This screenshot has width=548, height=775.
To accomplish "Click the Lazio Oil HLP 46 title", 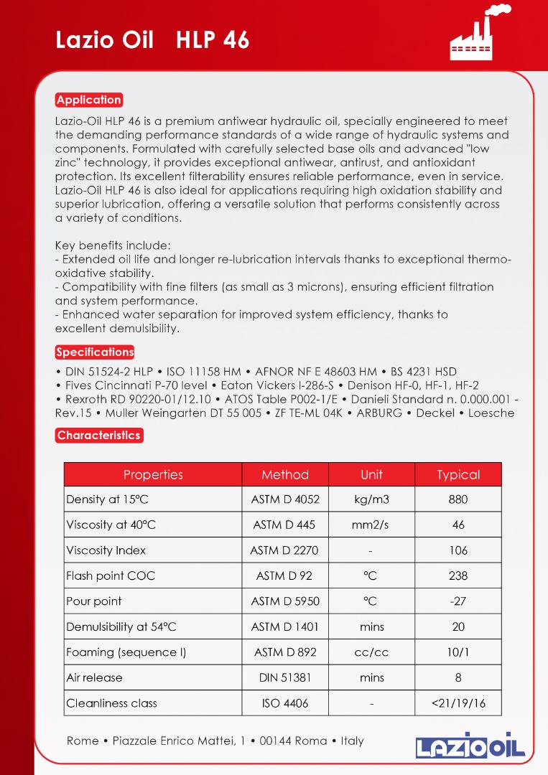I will [x=152, y=40].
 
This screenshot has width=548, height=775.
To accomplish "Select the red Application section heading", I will [x=89, y=100].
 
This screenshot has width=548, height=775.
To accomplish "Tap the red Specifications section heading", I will [x=95, y=352].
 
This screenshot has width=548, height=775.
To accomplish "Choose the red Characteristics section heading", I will [x=99, y=436].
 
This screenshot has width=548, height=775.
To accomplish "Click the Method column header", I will [x=285, y=474].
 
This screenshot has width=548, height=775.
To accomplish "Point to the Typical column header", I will [x=458, y=474].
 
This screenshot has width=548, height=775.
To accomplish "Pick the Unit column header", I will [x=371, y=474].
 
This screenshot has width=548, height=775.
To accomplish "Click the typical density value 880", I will [x=458, y=499].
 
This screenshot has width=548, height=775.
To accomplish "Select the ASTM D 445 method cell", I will [x=284, y=525].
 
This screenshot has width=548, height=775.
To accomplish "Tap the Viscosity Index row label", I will [x=106, y=550].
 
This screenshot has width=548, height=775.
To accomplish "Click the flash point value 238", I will [x=458, y=576].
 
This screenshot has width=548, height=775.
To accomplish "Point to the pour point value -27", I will [x=458, y=601].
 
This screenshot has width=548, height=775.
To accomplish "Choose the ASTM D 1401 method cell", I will [x=285, y=626].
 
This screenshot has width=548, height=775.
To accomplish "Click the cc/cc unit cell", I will [x=371, y=652].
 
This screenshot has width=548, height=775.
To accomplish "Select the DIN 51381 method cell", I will [x=285, y=677].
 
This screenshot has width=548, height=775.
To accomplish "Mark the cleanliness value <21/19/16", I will [x=458, y=703].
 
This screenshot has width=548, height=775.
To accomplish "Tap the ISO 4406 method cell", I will [x=285, y=703].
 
